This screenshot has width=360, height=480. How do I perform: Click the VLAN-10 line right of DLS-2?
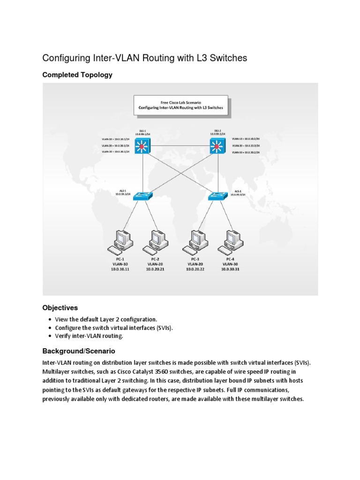pyautogui.click(x=246, y=139)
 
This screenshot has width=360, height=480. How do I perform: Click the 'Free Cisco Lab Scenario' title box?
pyautogui.click(x=181, y=105)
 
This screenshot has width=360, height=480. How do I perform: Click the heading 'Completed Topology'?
pyautogui.click(x=77, y=75)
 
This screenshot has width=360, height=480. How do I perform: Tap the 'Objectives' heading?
pyautogui.click(x=60, y=308)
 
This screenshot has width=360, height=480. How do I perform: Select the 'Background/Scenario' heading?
pyautogui.click(x=79, y=351)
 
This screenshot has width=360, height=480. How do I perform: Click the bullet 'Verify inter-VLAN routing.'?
pyautogui.click(x=89, y=336)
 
